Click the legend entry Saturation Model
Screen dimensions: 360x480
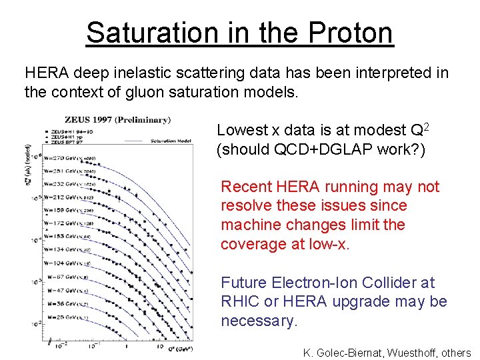173,141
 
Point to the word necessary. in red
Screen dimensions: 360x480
258,321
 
